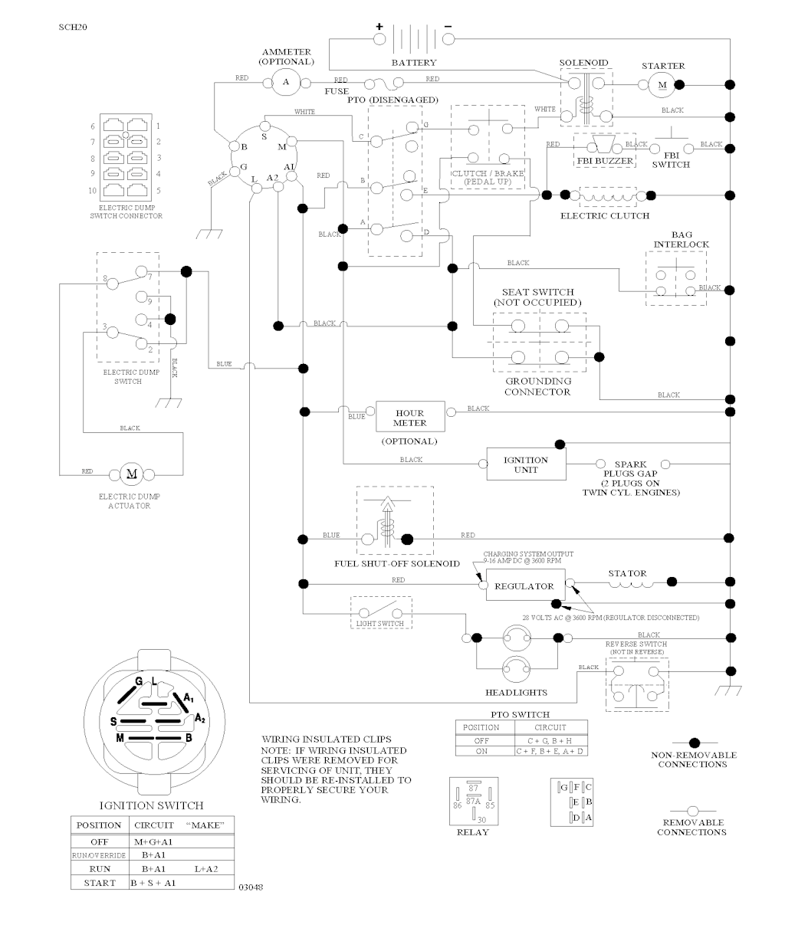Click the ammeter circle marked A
coord(286,81)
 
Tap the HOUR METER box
coord(410,418)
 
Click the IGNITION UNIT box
coord(526,464)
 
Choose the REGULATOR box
coord(524,586)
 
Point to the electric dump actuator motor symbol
coord(131,473)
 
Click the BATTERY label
coord(413,63)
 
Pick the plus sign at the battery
coord(379,27)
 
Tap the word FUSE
coord(337,91)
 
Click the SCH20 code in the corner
coord(72,27)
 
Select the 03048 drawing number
coord(251,887)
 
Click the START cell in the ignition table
coord(100,883)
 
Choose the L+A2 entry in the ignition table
coord(206,869)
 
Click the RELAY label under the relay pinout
coord(472,832)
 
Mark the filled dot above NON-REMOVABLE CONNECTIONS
coord(695,743)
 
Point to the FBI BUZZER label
coord(606,162)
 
